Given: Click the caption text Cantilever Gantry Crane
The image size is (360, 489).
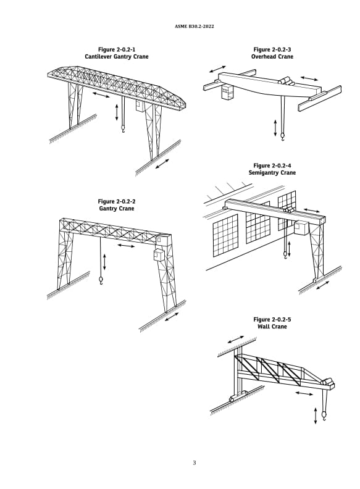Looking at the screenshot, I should [117, 56].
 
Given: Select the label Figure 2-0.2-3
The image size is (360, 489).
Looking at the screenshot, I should [272, 49].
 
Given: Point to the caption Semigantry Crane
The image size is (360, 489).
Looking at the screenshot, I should [272, 173].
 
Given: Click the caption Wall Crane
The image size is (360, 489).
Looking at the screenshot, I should [272, 327].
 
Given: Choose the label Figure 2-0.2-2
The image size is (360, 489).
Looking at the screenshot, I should [117, 201].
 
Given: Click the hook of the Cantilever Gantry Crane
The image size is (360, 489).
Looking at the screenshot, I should [123, 129].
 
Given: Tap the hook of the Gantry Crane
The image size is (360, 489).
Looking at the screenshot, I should [101, 282].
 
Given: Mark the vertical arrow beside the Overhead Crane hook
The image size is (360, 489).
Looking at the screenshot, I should [275, 128].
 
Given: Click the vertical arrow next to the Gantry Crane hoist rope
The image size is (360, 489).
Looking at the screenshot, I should [104, 261].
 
